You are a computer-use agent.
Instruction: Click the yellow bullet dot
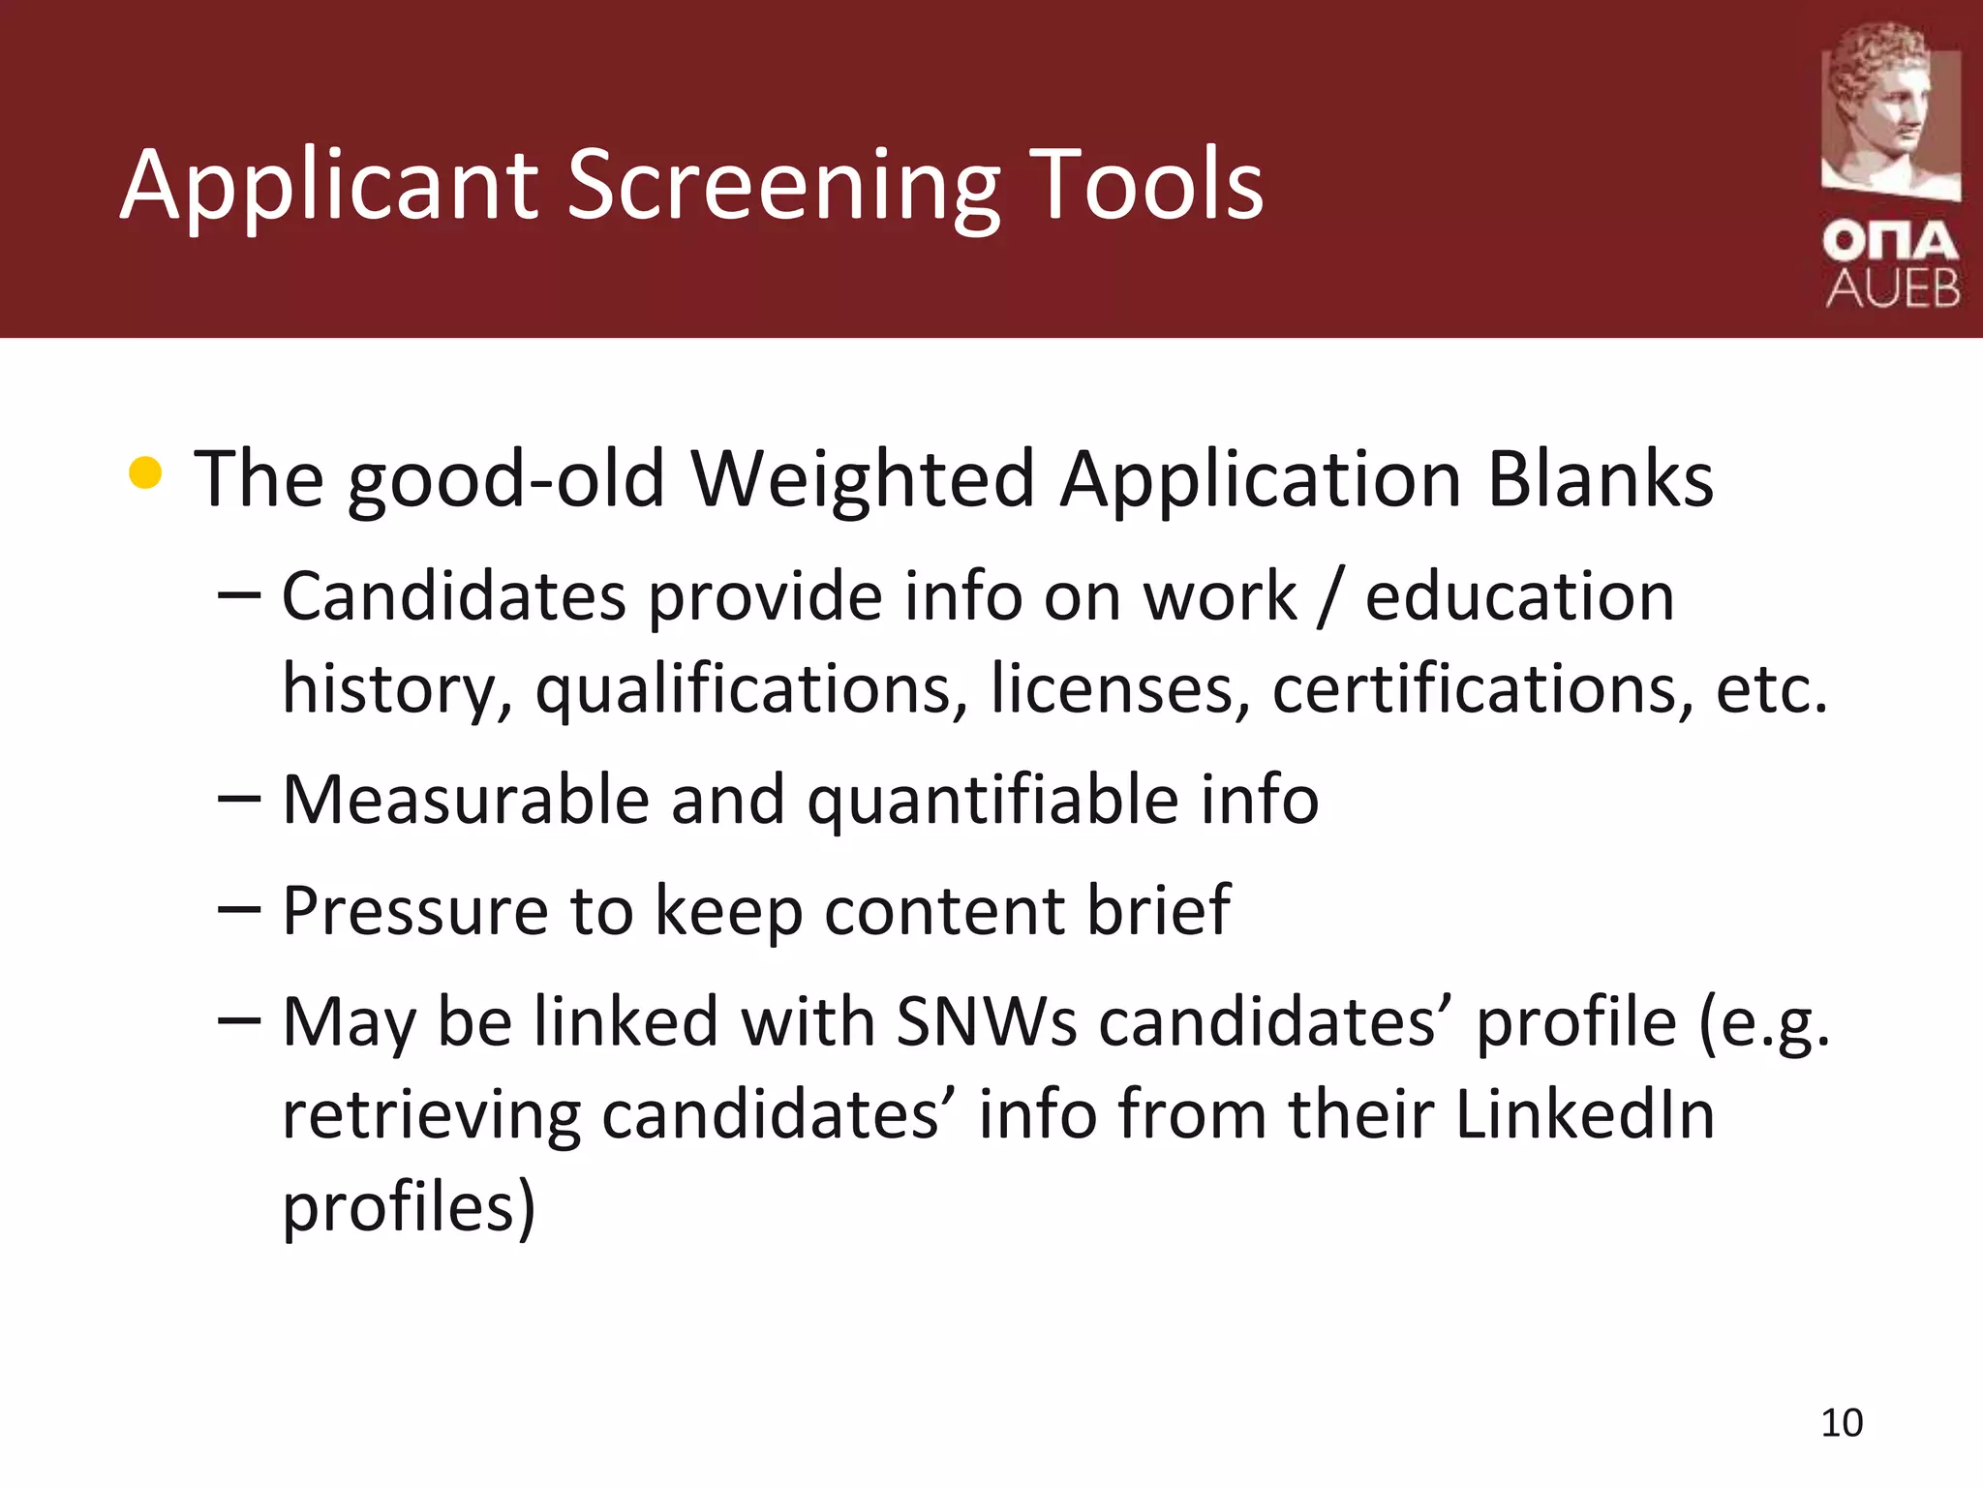click(x=145, y=473)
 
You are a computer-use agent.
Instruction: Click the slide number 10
click(x=1842, y=1423)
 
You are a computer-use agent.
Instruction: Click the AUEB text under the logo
click(x=1893, y=288)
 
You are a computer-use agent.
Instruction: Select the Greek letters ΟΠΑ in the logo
click(x=1890, y=241)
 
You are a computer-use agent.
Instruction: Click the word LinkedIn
click(x=1584, y=1114)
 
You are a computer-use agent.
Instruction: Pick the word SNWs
click(x=986, y=1022)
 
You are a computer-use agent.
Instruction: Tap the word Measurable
click(x=465, y=801)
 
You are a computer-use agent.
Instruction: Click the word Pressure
click(x=414, y=912)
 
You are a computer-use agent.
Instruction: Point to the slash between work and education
click(x=1330, y=597)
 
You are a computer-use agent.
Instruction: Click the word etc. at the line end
click(x=1771, y=689)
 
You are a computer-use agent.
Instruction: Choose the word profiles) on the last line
click(x=409, y=1208)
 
